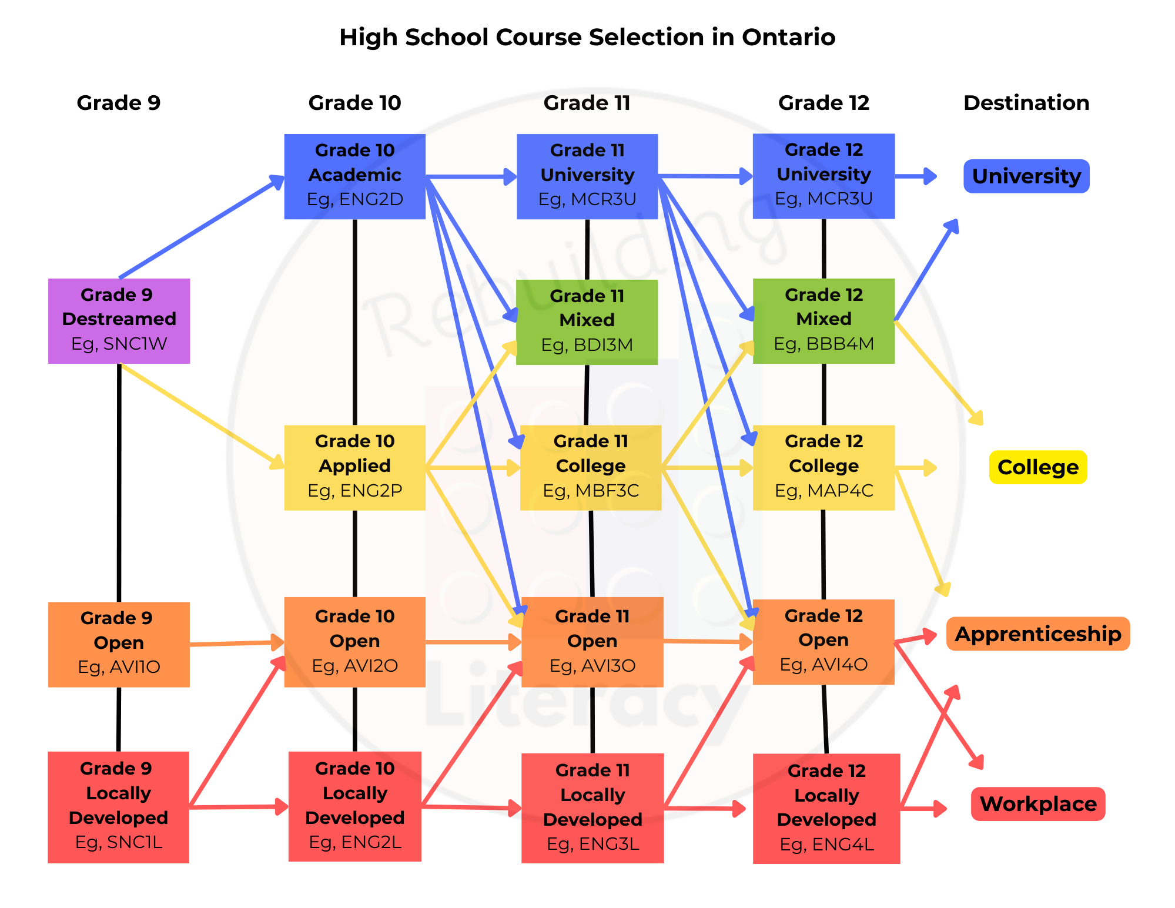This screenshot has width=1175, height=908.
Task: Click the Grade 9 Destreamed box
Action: tap(119, 321)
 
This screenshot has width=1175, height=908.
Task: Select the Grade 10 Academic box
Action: tap(354, 176)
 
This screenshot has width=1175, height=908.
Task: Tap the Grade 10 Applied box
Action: tap(354, 467)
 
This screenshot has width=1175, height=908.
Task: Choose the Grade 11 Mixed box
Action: tap(587, 322)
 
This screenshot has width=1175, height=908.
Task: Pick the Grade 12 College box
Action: tap(823, 467)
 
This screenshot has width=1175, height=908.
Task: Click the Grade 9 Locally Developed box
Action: tap(118, 807)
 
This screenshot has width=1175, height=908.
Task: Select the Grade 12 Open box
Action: tap(823, 642)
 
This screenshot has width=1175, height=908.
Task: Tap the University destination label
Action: tap(1026, 176)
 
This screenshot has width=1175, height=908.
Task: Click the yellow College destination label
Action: tap(1038, 467)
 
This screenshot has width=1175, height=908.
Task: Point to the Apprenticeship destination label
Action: tap(1038, 634)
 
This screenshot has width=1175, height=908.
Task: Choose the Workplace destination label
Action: tap(1038, 804)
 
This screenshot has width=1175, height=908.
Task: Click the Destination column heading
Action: tap(1026, 103)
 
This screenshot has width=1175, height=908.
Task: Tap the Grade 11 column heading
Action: tap(587, 103)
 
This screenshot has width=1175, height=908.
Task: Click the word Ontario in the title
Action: tap(788, 37)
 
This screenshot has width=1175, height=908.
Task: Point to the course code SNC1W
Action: tap(135, 344)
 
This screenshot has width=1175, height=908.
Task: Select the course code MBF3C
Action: tap(607, 491)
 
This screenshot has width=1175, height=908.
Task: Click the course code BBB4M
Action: tap(840, 344)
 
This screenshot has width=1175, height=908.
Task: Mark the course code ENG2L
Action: tap(371, 842)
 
